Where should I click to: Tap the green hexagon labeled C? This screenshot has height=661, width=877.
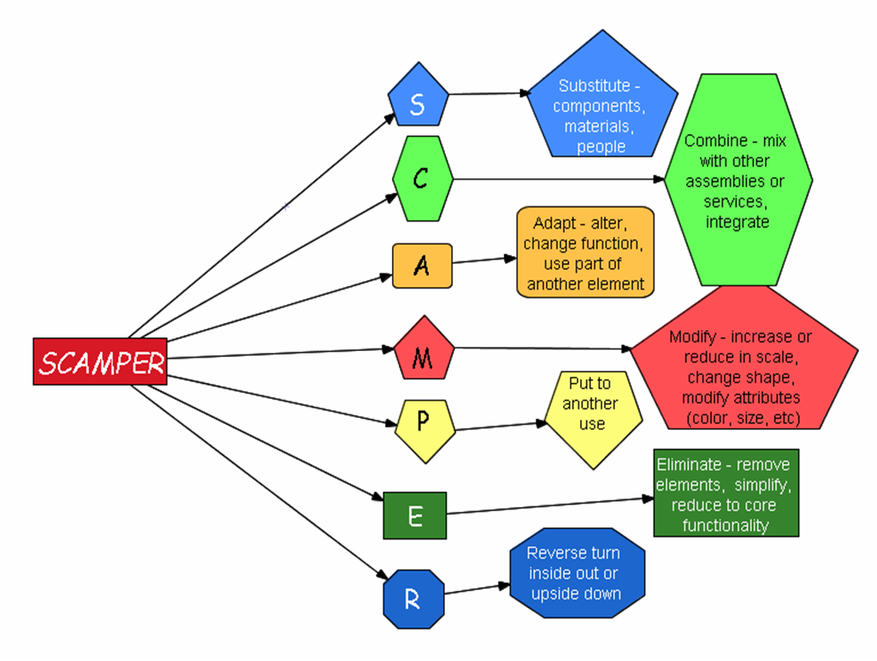(x=422, y=179)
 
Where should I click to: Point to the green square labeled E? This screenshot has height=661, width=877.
(x=415, y=515)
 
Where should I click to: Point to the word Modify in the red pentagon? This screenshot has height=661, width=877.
(x=692, y=336)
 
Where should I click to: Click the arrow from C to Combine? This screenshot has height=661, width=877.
(x=556, y=180)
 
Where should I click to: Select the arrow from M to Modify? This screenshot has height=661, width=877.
(x=539, y=348)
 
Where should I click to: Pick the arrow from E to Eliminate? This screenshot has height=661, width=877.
(x=548, y=505)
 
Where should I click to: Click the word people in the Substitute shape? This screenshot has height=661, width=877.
(x=601, y=146)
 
